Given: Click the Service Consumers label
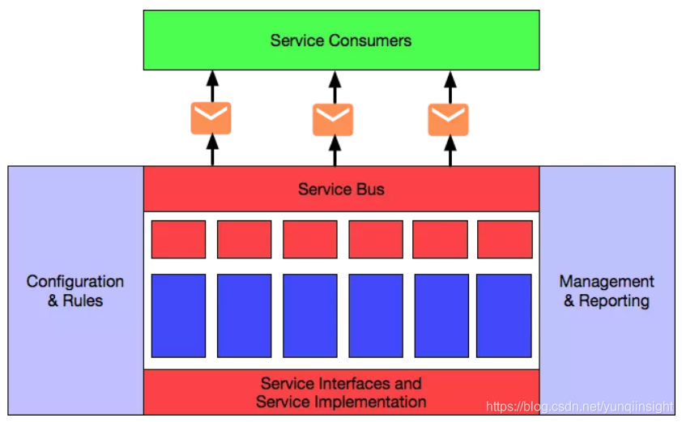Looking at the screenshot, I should point(340,40).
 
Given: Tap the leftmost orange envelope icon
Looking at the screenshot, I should point(211,118).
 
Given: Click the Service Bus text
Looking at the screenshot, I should point(341,190).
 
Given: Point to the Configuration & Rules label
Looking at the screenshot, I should point(75,291).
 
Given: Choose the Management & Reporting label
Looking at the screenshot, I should point(607,291).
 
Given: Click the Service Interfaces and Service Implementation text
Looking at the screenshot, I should point(341,392).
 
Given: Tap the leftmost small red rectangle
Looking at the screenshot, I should point(178,239).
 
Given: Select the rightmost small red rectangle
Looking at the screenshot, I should point(505,239).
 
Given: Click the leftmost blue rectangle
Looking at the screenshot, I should point(178,316).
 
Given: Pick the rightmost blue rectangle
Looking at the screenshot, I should point(504,316).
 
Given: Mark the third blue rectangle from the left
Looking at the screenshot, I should point(310,316).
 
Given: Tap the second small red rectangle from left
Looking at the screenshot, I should point(244,239).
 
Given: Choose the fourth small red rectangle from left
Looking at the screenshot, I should point(376,239).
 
